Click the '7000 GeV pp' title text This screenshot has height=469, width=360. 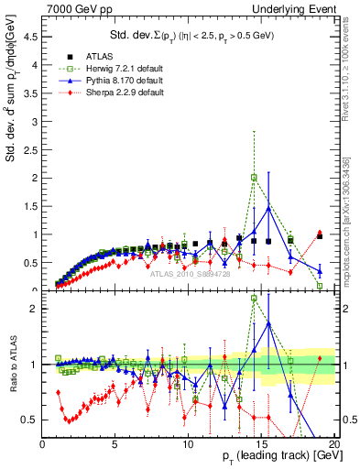(72, 8)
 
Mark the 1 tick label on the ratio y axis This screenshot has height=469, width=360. (34, 365)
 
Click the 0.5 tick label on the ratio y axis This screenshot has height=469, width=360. (29, 420)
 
